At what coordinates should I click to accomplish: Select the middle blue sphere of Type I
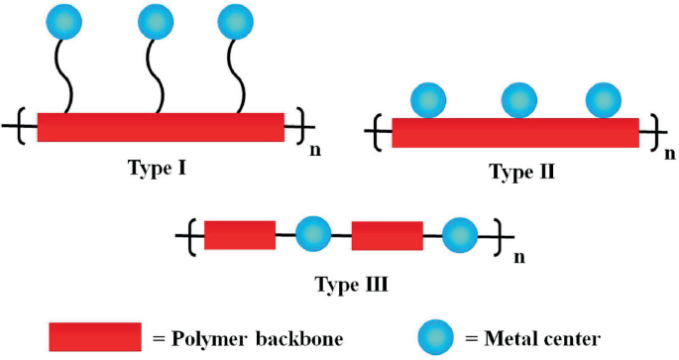(155, 20)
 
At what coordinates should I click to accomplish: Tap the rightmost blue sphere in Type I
(234, 20)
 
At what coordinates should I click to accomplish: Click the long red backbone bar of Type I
(160, 127)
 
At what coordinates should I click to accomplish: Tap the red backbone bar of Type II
(515, 133)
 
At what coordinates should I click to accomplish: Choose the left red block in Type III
(240, 236)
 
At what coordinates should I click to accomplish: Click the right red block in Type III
(387, 236)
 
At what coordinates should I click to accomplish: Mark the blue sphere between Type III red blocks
(313, 235)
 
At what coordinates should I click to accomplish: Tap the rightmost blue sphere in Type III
(459, 235)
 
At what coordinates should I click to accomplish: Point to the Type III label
(350, 285)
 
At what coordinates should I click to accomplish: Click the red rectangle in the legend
(94, 337)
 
